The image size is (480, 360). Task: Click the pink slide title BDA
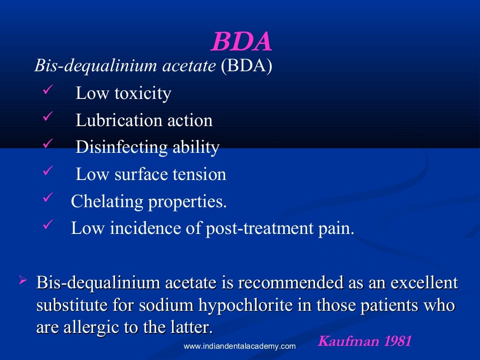[241, 42]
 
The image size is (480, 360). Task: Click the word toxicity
[142, 93]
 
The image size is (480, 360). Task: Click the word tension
[200, 175]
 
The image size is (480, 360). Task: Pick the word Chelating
[107, 202]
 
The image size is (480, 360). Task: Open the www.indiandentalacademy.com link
[240, 346]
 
